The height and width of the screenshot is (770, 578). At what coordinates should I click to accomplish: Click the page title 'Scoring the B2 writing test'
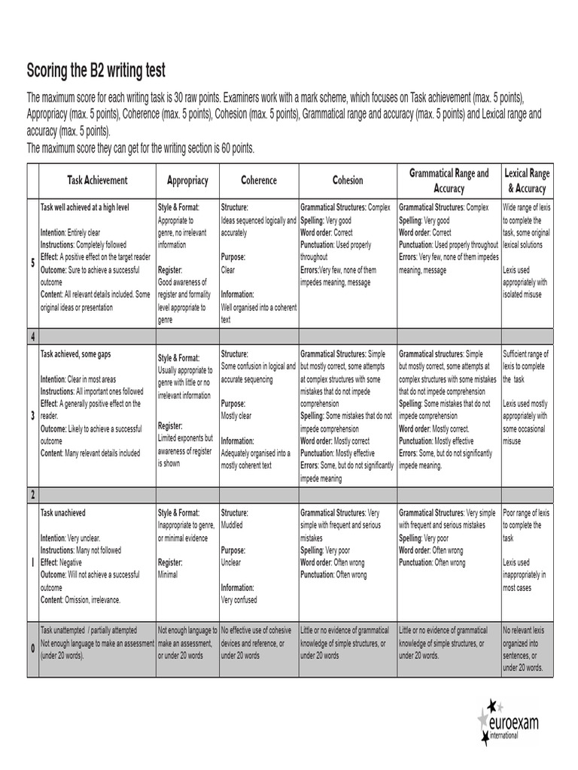pos(96,71)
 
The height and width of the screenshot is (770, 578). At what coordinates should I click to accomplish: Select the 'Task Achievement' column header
pos(97,180)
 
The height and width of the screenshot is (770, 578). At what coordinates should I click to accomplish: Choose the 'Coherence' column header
pos(258,180)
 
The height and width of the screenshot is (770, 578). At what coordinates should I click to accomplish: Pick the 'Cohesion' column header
pos(347,180)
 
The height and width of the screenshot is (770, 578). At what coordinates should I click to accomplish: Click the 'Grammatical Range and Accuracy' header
pos(449,180)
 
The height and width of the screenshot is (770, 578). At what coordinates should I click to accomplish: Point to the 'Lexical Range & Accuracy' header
pos(526,180)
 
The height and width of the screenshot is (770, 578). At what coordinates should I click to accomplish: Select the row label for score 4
pos(32,336)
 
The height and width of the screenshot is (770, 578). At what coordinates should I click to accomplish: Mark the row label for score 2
pos(32,495)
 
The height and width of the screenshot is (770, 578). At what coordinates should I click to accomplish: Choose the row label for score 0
pos(32,648)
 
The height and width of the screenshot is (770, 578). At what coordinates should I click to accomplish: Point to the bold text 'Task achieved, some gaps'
pos(80,353)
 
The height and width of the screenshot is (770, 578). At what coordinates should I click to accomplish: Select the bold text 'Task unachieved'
pos(63,512)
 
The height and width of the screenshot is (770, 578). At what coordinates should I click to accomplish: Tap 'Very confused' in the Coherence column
pos(239,600)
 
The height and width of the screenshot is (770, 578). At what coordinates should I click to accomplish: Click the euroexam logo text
pos(519,725)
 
